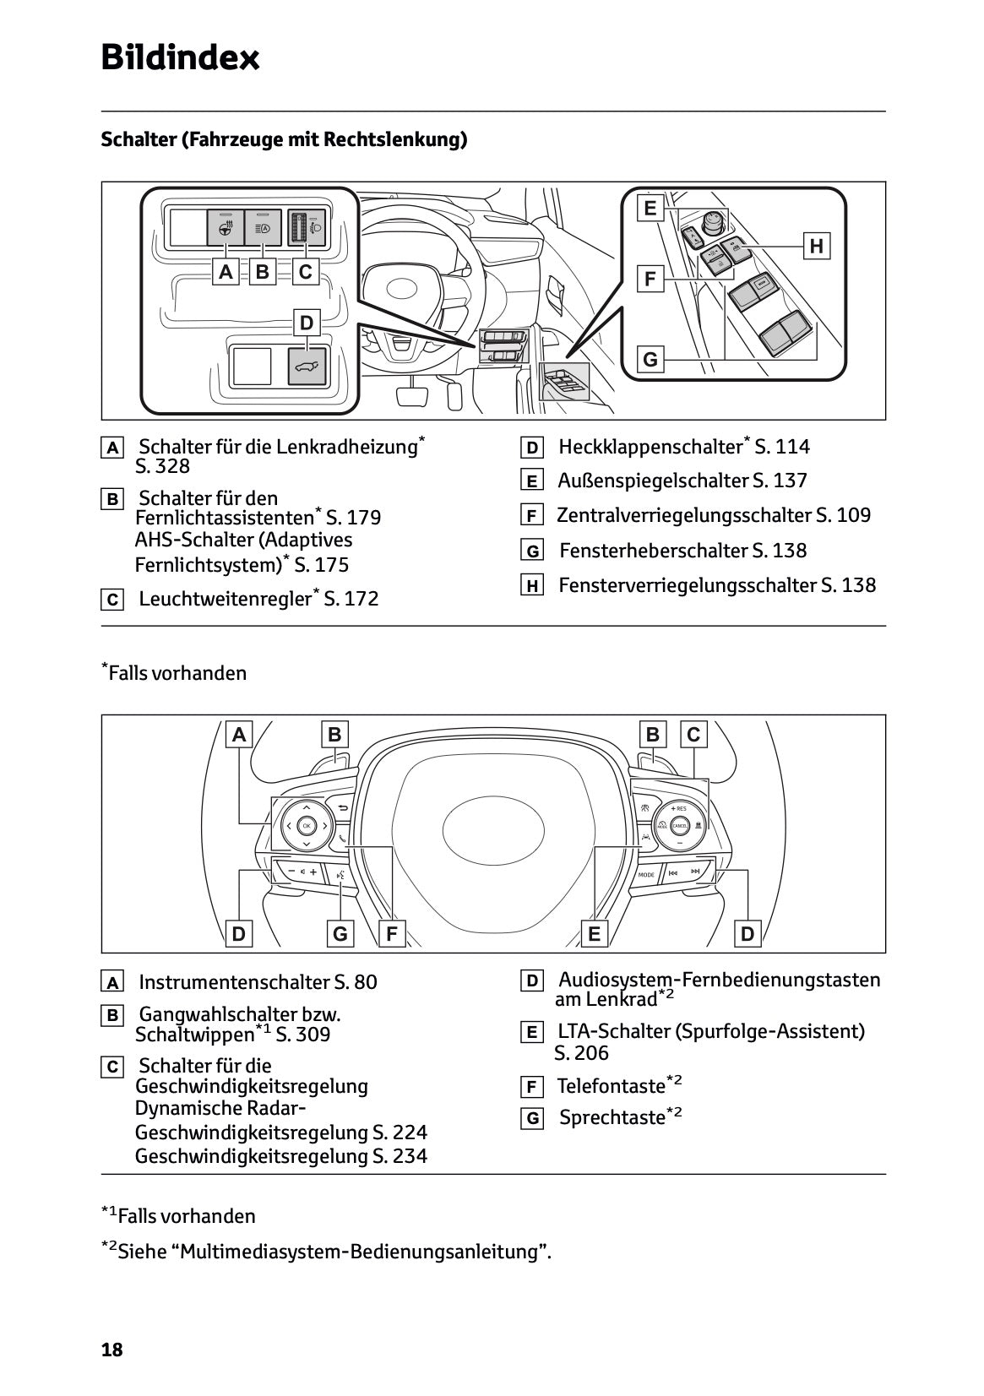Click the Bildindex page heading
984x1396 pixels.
click(180, 58)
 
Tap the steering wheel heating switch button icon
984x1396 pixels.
click(225, 228)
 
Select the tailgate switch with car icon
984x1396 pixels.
click(307, 367)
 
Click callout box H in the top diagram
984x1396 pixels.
click(816, 246)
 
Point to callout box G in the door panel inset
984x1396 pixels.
click(650, 360)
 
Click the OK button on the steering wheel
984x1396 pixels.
click(306, 825)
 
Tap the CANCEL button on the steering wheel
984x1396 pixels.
click(678, 825)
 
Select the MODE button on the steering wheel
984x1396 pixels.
click(646, 875)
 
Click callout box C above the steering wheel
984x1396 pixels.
click(693, 735)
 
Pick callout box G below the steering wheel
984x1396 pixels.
click(340, 934)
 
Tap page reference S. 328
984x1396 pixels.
click(162, 466)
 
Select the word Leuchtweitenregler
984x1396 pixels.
click(225, 600)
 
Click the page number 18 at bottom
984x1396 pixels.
click(111, 1350)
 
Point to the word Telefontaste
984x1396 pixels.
click(611, 1086)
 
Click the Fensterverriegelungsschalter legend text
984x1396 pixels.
click(688, 585)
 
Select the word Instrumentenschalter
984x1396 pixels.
click(234, 982)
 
